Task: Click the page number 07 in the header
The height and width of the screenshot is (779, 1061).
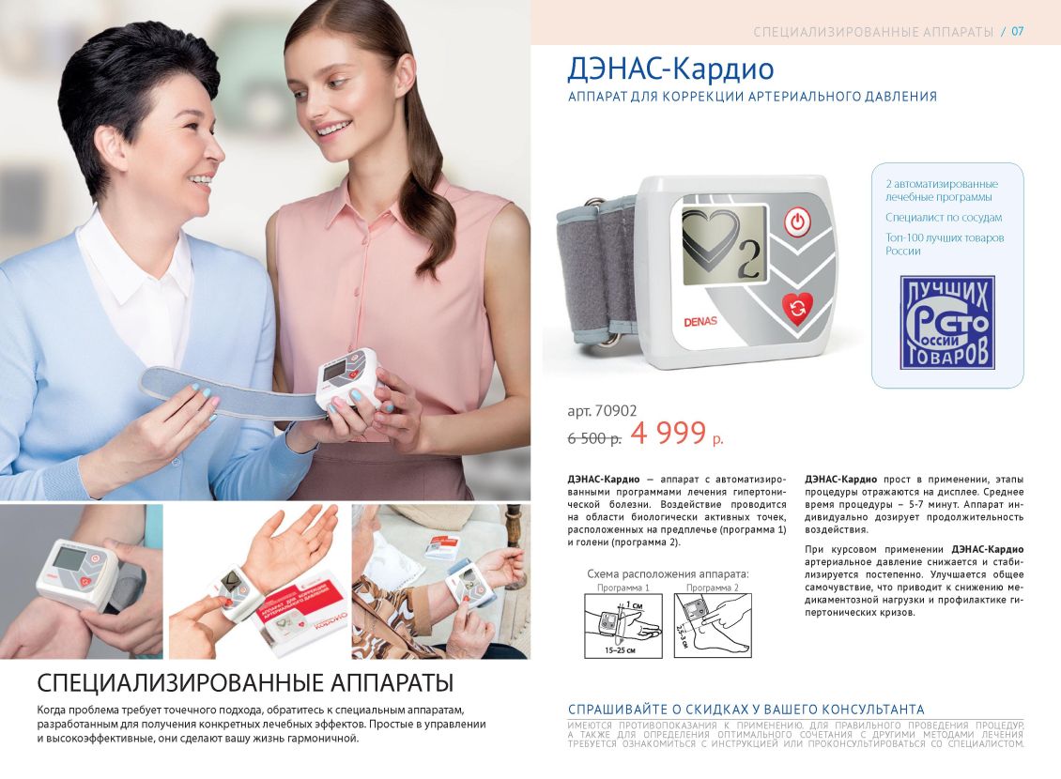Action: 1017,32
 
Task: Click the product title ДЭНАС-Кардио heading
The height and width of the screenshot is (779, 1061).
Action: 670,69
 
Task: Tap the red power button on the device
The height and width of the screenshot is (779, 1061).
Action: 797,223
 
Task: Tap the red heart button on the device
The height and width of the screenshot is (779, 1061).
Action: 797,307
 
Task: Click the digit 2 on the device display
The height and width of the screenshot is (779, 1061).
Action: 748,262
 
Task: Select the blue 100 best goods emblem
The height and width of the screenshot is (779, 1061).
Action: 946,322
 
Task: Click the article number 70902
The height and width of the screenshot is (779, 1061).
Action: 602,410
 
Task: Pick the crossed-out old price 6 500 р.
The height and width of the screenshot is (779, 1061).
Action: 593,437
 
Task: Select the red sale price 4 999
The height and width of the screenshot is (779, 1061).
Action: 669,433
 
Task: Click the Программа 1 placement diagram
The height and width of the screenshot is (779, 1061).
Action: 623,624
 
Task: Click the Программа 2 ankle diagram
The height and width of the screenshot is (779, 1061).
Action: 712,624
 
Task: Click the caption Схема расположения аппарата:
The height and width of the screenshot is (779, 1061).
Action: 668,573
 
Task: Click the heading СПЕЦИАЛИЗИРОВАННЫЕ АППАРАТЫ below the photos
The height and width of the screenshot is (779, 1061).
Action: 245,681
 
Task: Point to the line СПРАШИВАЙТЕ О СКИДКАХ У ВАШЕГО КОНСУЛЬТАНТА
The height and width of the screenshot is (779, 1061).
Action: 746,710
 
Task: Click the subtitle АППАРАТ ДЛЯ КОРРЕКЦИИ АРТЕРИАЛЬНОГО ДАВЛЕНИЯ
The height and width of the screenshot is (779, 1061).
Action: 752,97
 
